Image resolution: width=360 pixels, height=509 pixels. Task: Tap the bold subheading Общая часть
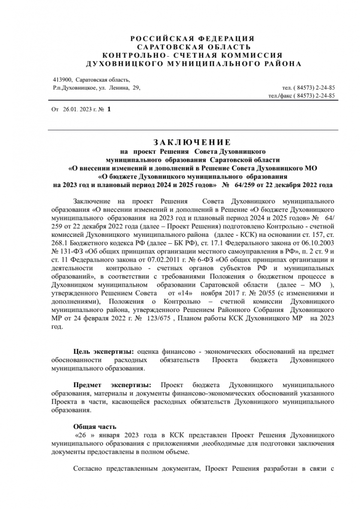(x=95, y=426)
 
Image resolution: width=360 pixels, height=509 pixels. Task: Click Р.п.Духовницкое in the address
(x=75, y=88)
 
